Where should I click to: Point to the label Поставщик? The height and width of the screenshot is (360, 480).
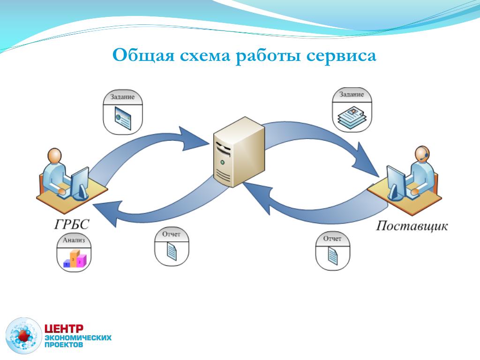(412, 226)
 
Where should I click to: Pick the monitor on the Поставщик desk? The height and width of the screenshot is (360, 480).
(396, 180)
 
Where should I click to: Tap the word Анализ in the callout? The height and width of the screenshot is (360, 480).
(74, 240)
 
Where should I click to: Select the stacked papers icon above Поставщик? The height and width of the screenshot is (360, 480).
(351, 115)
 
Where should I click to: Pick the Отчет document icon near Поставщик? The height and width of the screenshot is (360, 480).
(332, 255)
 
